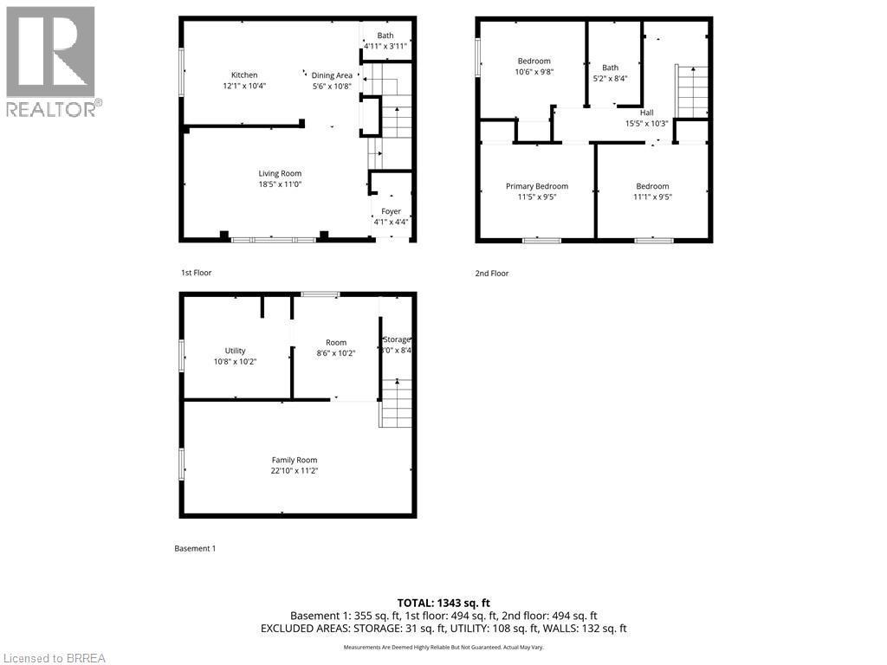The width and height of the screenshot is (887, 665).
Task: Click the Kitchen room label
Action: [243, 75]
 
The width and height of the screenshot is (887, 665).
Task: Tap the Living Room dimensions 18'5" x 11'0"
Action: [280, 184]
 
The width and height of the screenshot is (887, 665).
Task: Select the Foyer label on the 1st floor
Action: [391, 210]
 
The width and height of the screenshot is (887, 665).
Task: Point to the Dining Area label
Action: [333, 75]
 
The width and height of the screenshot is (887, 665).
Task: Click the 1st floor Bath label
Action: [385, 36]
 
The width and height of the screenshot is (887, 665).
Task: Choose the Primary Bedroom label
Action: [537, 186]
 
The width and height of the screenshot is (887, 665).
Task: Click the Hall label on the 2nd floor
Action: [646, 113]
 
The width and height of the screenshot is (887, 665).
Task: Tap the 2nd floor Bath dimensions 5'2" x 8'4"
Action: [611, 79]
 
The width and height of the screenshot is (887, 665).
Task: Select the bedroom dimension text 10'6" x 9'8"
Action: [534, 72]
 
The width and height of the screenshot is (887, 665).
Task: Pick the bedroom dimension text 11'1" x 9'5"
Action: [652, 197]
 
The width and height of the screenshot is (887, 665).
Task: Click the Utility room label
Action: [235, 351]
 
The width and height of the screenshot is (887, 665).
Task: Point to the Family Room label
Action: [295, 460]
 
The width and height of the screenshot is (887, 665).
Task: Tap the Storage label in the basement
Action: [397, 339]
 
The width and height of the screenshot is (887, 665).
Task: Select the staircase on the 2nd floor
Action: [691, 91]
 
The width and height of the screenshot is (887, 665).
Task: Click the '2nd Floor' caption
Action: [491, 274]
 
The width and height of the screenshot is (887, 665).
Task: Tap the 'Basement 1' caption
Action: [195, 548]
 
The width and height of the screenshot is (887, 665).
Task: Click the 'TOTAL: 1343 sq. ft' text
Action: [443, 603]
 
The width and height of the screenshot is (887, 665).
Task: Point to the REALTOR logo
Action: [52, 61]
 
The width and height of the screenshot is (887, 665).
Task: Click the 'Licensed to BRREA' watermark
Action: [54, 657]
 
